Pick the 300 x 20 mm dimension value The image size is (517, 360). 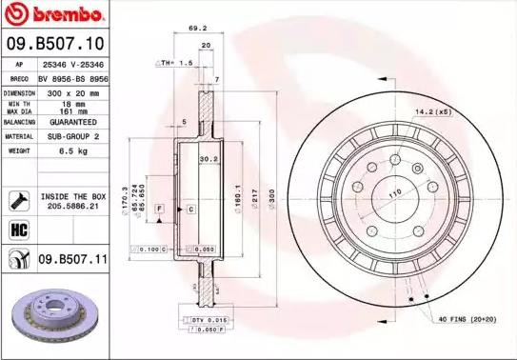(72, 93)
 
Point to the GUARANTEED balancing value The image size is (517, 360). (72, 122)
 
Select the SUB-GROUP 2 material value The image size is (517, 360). (72, 136)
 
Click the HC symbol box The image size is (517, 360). (16, 229)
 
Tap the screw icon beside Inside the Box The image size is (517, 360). (16, 198)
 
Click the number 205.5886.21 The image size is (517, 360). (72, 204)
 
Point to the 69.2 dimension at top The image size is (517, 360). (198, 29)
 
